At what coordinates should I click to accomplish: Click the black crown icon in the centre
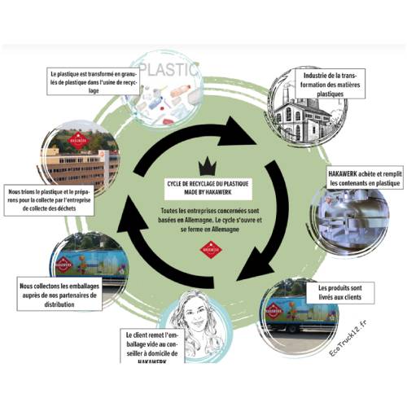(x=208, y=166)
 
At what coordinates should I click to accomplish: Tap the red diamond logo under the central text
(x=211, y=249)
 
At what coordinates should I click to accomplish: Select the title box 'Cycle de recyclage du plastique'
(x=208, y=188)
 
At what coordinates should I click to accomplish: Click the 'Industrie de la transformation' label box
(x=330, y=84)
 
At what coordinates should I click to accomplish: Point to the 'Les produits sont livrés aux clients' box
(x=340, y=292)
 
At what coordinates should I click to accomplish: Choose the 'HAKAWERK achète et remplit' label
(x=365, y=178)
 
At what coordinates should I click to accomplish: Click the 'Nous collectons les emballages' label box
(x=59, y=295)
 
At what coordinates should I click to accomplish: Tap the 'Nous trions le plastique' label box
(x=49, y=200)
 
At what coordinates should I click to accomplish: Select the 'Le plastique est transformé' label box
(x=94, y=81)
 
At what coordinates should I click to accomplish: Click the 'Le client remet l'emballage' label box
(x=152, y=346)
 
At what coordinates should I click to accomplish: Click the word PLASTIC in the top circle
(x=168, y=69)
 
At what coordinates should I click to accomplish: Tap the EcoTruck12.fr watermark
(x=348, y=339)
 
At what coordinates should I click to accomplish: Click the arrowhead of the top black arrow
(x=238, y=132)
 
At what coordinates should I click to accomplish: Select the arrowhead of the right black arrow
(x=256, y=265)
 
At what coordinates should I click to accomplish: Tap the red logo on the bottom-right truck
(x=274, y=311)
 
